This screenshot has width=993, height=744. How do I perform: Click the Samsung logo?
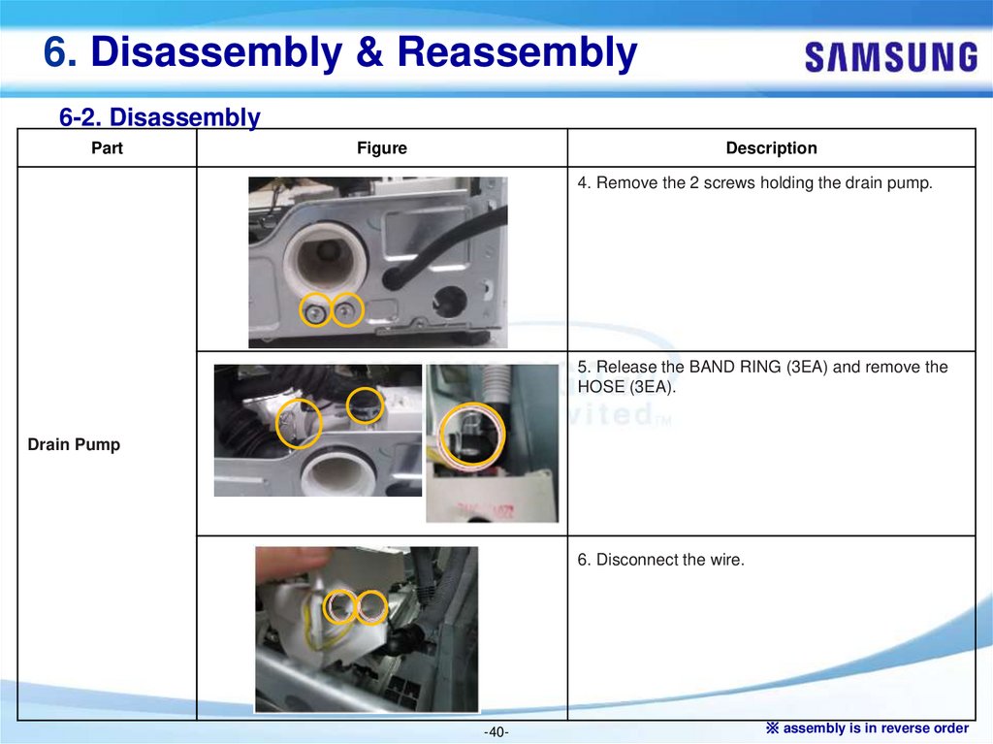click(x=891, y=57)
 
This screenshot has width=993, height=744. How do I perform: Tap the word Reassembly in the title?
click(x=517, y=52)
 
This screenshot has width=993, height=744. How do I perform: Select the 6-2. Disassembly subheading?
click(x=160, y=117)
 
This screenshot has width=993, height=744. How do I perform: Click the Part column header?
click(x=107, y=147)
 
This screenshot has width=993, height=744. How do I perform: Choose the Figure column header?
click(x=382, y=147)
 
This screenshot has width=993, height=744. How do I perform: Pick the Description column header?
click(x=771, y=147)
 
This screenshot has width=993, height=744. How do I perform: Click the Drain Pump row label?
click(x=74, y=444)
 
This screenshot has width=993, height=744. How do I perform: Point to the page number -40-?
click(x=496, y=732)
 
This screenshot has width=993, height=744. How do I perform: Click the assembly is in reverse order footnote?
click(x=868, y=728)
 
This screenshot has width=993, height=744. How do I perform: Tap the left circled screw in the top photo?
click(x=315, y=311)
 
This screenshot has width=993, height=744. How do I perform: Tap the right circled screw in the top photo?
click(x=346, y=309)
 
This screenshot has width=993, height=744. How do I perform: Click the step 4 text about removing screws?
click(x=754, y=183)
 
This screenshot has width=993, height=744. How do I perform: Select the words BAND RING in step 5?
click(x=735, y=367)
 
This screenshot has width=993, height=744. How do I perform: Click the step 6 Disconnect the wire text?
click(x=660, y=560)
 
